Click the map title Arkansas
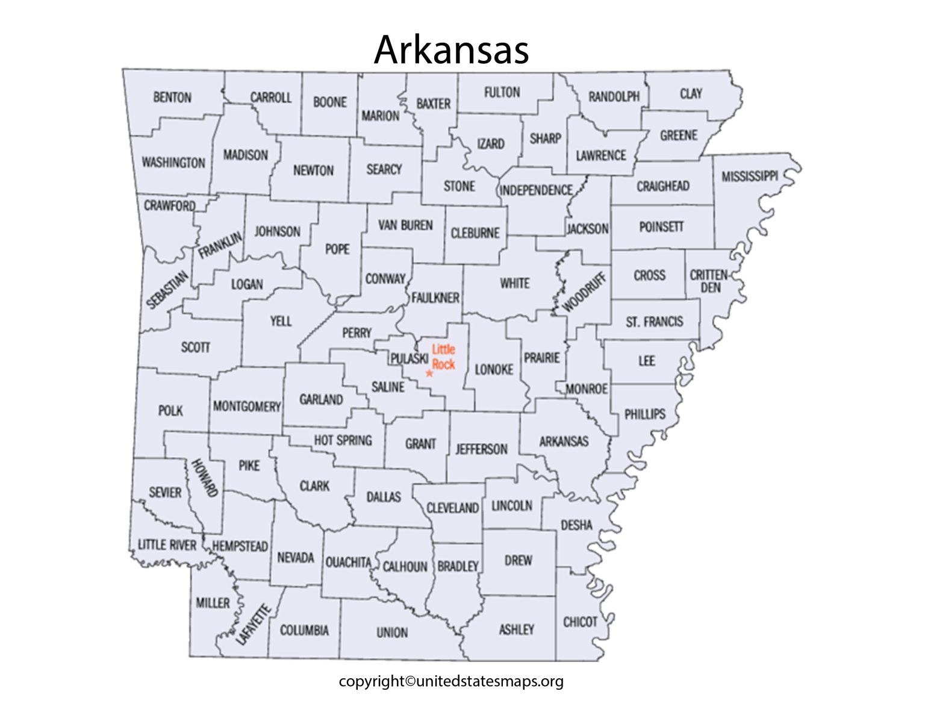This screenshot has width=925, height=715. click(x=452, y=49)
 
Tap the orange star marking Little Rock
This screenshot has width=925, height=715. click(x=429, y=373)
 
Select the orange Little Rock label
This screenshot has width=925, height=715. click(x=443, y=357)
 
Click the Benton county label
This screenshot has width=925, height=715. click(x=172, y=98)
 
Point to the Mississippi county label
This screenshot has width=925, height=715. click(x=750, y=176)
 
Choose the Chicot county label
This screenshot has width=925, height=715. click(x=580, y=622)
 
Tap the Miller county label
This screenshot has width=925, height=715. click(x=213, y=603)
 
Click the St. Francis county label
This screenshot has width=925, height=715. click(x=655, y=322)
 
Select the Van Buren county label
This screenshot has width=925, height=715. click(x=405, y=225)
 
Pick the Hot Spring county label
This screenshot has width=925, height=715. click(x=343, y=440)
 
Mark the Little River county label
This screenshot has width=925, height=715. click(x=167, y=545)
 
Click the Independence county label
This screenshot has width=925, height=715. click(x=536, y=190)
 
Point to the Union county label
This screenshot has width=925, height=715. click(x=392, y=632)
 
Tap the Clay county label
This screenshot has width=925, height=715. click(x=691, y=94)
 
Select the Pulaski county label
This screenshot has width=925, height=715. click(x=410, y=359)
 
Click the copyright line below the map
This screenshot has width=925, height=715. click(x=451, y=681)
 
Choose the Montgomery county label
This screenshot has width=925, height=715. click(x=247, y=407)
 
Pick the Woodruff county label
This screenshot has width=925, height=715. click(x=584, y=292)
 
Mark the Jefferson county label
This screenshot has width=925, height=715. click(x=481, y=449)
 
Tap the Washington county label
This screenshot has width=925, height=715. click(x=173, y=163)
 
